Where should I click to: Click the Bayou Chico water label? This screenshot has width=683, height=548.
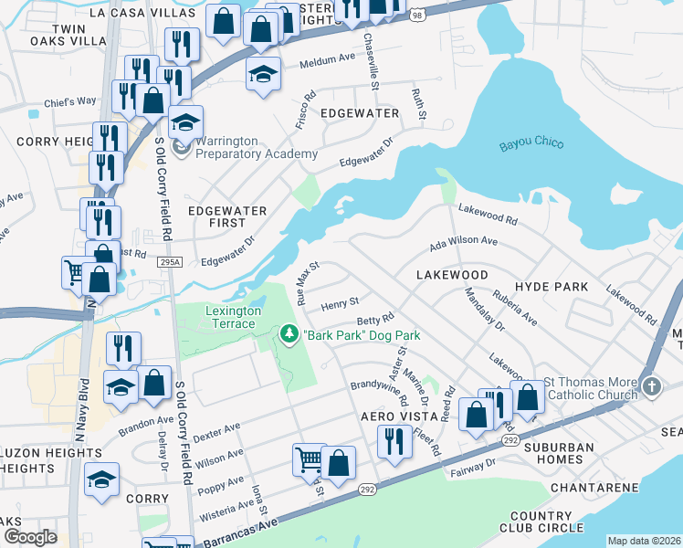[x=531, y=144]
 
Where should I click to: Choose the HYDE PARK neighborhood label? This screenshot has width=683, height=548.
[x=552, y=287]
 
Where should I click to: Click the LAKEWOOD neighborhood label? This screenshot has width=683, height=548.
[x=451, y=274]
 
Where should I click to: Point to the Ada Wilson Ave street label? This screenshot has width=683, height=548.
[x=463, y=243]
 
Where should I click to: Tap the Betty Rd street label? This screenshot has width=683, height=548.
[x=374, y=320]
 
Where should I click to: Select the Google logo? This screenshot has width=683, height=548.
[x=30, y=537]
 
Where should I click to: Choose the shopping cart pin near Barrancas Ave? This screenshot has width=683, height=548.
[x=310, y=459]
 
